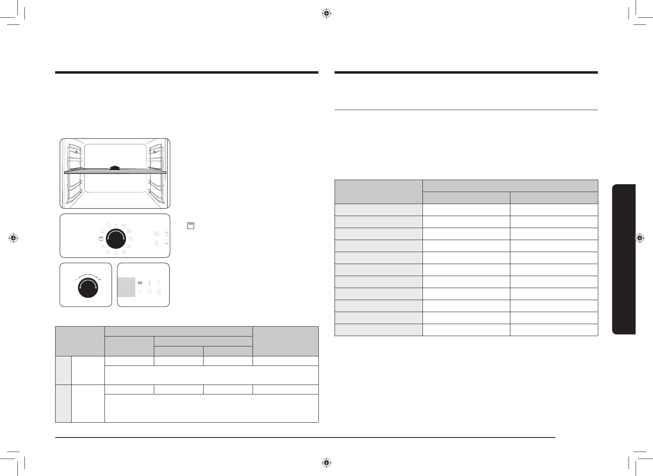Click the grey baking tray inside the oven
[115, 173]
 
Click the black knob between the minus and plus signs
[88, 288]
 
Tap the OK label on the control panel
[140, 283]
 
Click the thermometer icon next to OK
[150, 283]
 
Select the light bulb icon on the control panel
[158, 283]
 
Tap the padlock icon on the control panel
[158, 291]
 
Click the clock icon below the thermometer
[150, 291]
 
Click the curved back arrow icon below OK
[140, 291]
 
